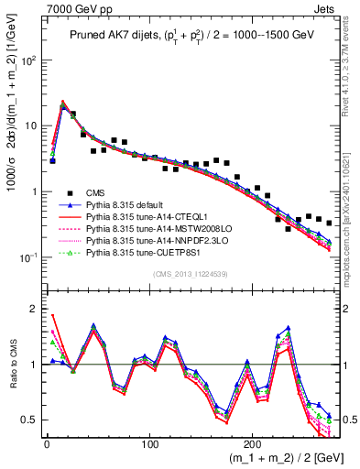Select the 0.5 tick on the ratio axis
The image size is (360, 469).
click(x=29, y=420)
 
